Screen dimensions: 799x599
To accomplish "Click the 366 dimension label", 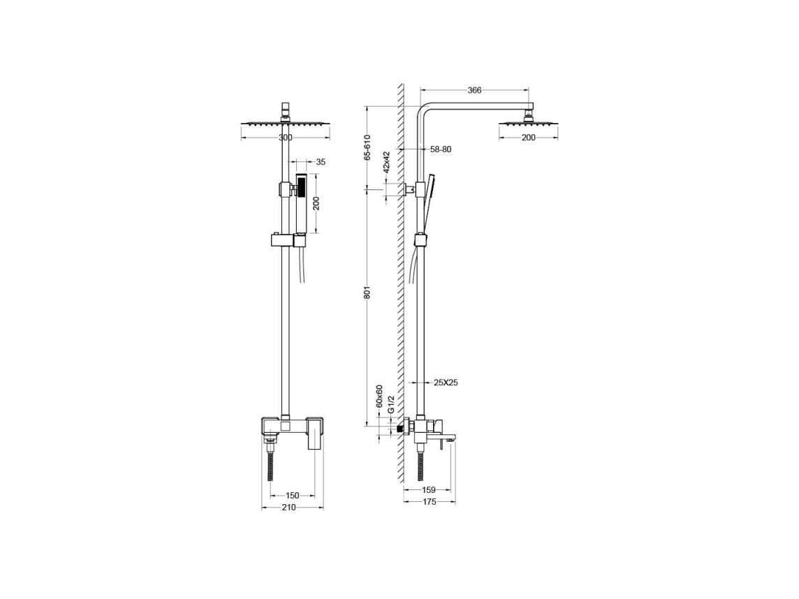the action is [474, 90].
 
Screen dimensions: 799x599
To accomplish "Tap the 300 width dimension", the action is [286, 138].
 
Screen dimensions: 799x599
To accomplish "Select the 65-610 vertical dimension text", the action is [367, 148].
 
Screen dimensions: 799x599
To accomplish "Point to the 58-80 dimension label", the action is [441, 149].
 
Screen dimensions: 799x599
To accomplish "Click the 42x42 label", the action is [386, 161].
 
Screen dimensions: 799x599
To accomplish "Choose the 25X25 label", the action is [446, 382].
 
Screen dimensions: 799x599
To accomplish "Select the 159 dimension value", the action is [429, 490].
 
